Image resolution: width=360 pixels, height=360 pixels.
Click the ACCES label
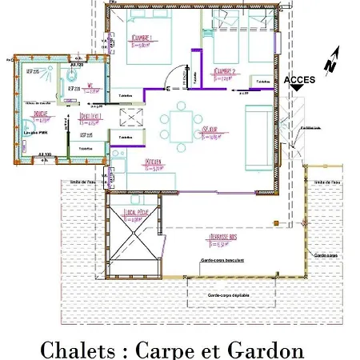tap(299, 80)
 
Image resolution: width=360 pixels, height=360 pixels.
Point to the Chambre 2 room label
tap(226, 73)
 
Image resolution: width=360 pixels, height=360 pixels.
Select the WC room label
tap(92, 90)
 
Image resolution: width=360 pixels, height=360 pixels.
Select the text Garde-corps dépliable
tap(230, 295)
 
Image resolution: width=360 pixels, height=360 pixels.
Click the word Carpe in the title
tap(166, 348)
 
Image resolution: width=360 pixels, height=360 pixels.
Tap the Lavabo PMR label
tap(32, 131)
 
